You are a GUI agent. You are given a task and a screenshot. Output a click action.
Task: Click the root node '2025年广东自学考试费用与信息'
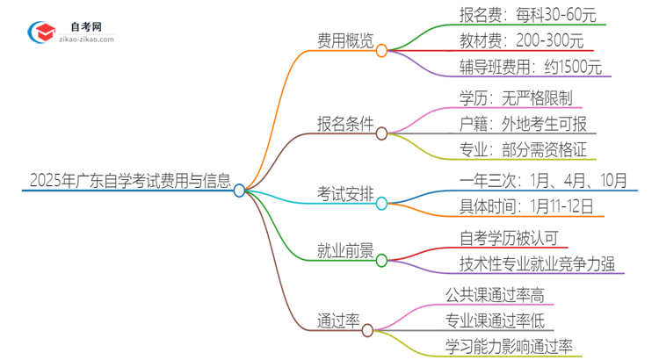coord(130,182)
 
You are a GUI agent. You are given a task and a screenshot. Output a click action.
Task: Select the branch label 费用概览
coord(344,40)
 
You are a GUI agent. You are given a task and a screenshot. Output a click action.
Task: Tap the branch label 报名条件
coord(344,122)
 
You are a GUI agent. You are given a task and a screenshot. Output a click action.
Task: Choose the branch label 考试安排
coord(344,193)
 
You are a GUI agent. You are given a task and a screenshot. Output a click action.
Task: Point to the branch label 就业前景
coord(344,250)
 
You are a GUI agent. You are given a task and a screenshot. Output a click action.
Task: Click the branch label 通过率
coord(338,319)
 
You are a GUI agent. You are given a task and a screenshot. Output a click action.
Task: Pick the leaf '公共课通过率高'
coord(494,293)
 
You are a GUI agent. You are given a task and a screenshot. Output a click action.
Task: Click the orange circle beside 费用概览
coord(381,51)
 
